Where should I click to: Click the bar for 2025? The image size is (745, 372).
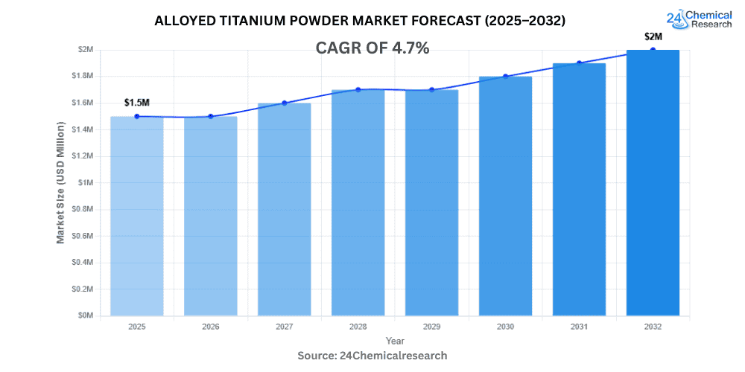point(137,216)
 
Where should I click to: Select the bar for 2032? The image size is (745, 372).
point(653,182)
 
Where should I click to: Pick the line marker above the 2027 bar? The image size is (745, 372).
point(284,103)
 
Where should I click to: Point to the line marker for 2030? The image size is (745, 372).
point(505,76)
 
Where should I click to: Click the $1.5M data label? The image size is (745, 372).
point(137,102)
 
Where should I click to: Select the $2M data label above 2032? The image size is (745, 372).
point(653,36)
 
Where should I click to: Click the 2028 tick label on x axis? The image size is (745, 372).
point(358,327)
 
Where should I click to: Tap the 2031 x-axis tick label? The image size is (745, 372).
point(579,327)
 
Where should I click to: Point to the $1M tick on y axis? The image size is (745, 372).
point(87,183)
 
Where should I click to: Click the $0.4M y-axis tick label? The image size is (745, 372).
point(83,263)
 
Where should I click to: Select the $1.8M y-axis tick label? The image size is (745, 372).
point(83,77)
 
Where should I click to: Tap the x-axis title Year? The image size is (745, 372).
point(395,340)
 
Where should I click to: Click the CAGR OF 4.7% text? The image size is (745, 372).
point(373,48)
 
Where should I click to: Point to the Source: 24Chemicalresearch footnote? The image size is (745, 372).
point(372,356)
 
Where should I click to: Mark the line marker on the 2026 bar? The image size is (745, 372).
point(211,116)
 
